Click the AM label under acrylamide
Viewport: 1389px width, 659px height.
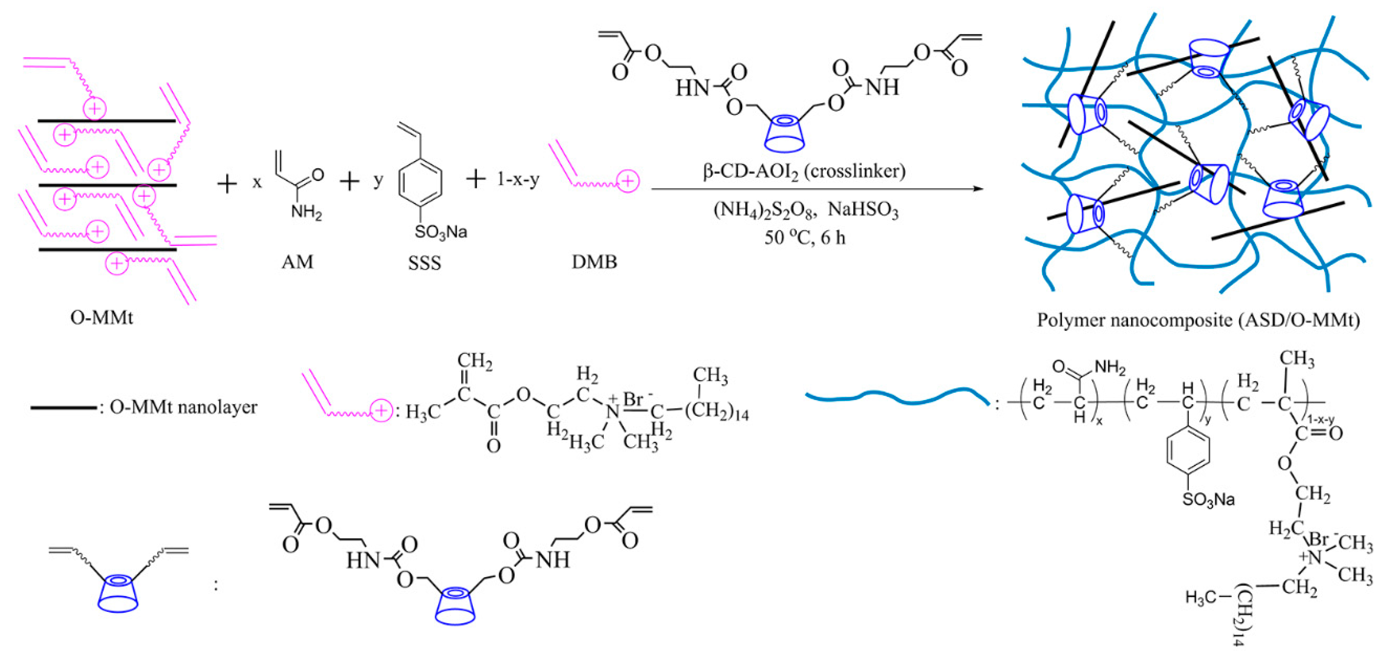297,262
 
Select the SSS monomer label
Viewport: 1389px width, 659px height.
424,263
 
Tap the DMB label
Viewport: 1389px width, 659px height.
594,262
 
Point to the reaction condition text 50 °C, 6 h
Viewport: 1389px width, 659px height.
804,238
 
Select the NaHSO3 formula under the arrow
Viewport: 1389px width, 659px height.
863,210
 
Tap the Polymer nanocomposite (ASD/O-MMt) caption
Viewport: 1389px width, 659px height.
1198,320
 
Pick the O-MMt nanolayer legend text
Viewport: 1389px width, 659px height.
183,407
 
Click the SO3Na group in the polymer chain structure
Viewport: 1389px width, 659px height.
1208,500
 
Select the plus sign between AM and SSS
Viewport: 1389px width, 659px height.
349,181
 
